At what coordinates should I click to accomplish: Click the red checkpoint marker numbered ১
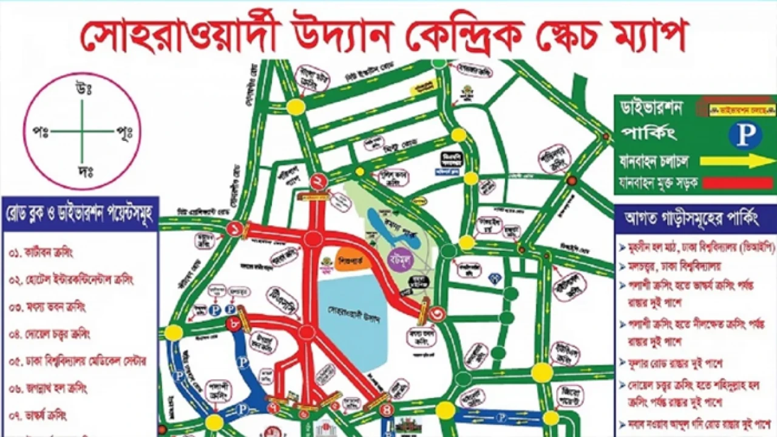coord(235,229)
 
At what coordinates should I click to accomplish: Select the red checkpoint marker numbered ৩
coord(437,314)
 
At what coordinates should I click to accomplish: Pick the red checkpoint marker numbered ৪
coord(387,410)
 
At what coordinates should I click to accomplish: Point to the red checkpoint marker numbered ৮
coord(234,324)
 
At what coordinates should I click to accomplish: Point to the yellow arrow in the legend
coord(735,161)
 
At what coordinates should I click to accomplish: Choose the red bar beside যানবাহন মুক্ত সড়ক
coord(738,182)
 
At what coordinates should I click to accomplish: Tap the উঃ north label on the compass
coord(83,89)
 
